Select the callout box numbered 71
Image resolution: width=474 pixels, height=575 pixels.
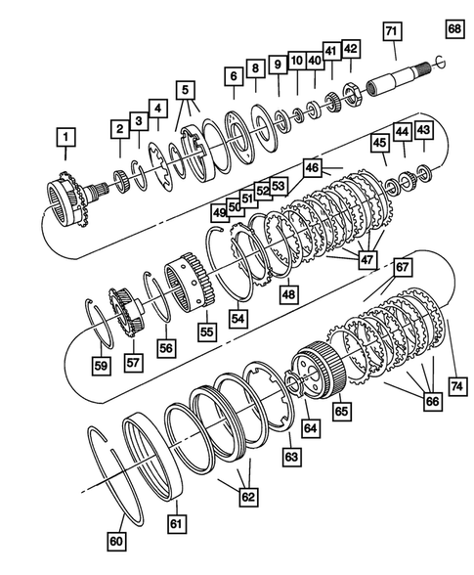pyautogui.click(x=391, y=32)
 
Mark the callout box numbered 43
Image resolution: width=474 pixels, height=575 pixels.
pyautogui.click(x=423, y=130)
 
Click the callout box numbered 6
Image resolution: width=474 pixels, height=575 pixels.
pyautogui.click(x=234, y=74)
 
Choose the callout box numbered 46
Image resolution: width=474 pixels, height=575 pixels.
pyautogui.click(x=311, y=168)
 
